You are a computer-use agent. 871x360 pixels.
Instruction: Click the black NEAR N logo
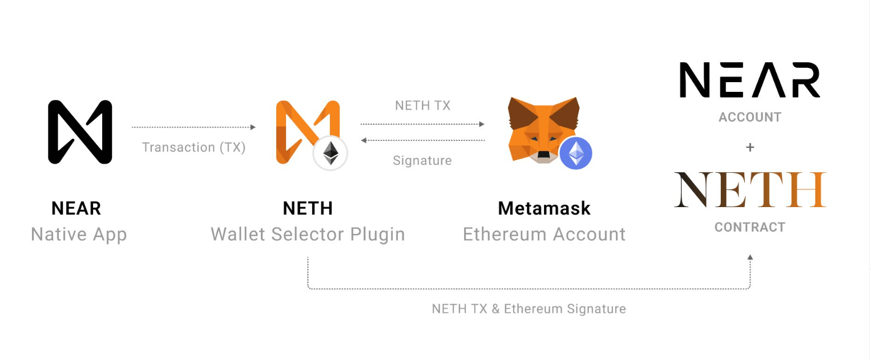point(80,132)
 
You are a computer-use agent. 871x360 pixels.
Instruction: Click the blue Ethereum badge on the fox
point(575,153)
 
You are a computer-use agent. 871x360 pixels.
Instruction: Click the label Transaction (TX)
point(193,147)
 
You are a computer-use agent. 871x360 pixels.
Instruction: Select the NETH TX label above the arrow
point(422,106)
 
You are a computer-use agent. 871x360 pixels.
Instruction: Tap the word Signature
point(422,161)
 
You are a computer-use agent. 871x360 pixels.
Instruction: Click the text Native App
point(79,234)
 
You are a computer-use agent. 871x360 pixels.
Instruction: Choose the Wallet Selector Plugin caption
point(308,234)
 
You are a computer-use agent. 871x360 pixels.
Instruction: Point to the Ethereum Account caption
point(544,234)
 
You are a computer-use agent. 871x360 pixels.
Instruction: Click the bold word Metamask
point(544,209)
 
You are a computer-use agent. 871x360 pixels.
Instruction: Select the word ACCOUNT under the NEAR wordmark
point(749,118)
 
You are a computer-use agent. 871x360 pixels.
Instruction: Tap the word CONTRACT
point(749,227)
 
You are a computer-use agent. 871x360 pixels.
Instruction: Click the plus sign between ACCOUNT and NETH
point(749,147)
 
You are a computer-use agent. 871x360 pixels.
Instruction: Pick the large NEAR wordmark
point(749,80)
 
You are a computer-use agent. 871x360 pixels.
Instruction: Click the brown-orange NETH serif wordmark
point(749,189)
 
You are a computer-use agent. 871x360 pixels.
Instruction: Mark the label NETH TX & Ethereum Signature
point(529,309)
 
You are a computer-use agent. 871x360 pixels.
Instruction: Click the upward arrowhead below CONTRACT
point(750,258)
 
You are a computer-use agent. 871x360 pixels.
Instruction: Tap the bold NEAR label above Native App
point(76,209)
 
